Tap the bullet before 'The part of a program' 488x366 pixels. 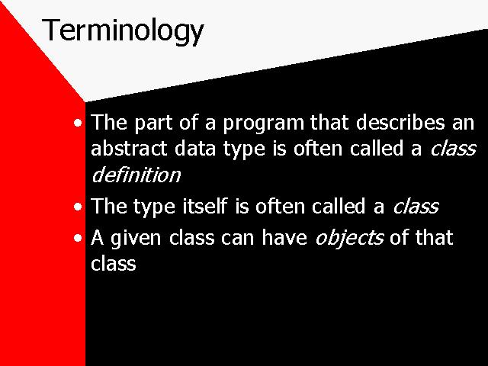pos(78,124)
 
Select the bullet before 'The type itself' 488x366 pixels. pos(78,207)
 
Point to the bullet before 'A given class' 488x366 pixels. pos(78,239)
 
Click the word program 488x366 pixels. pos(263,124)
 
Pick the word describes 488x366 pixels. pos(400,122)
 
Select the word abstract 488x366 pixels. pos(129,148)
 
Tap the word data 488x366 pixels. pos(195,148)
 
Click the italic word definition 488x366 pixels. pos(136,174)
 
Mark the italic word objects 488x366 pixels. pos(349,239)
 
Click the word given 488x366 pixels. pos(136,239)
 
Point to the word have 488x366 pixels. pos(284,237)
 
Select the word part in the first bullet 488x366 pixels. pos(153,124)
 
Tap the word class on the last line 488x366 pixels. pos(114,262)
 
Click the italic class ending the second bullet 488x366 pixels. pos(416,206)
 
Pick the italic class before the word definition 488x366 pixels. pos(453,148)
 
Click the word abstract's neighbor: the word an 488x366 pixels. pos(463,124)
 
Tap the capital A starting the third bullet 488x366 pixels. pos(97,238)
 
